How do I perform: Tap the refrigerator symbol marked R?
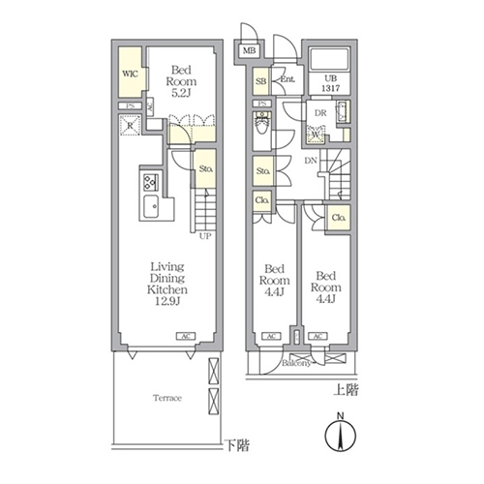coord(130,124)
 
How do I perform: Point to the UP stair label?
coord(205,235)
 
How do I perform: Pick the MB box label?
coord(249,50)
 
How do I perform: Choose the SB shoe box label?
coord(261,81)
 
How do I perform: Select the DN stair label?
coord(312,162)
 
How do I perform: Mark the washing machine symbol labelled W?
coord(316,134)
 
